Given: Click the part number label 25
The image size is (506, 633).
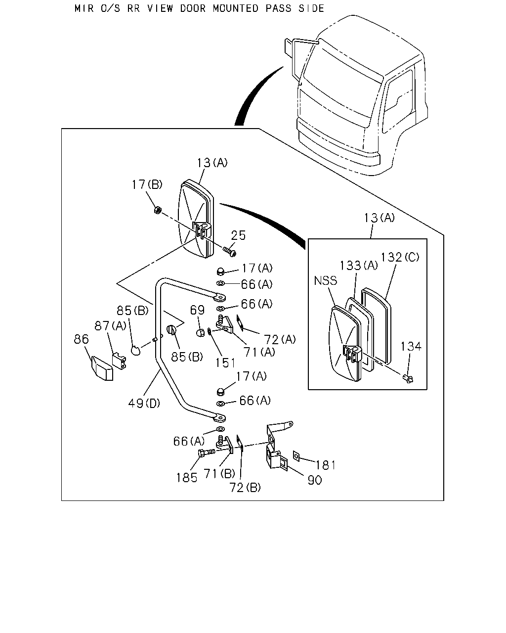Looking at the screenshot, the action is pos(238,235).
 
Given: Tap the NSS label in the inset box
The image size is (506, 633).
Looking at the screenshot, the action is pos(325,280).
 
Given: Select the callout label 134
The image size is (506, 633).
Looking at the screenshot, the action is pos(411,347).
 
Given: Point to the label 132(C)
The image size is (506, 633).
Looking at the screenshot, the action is pos(400,257).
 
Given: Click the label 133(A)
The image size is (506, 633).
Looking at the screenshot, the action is pos(359,266).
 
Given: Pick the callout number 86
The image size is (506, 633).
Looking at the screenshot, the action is pos(81,339).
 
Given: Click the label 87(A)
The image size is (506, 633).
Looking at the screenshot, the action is pos(110,325).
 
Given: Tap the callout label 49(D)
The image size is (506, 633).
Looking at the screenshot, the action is pos(144,403).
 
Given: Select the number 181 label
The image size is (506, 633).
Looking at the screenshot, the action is pos(326,465).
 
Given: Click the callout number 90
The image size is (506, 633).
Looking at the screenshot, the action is pos(315,480).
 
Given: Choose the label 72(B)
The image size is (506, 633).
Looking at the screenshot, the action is pos(245,488).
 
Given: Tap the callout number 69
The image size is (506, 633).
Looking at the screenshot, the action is pos(197,310).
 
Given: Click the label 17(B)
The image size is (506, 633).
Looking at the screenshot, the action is pos(147,185).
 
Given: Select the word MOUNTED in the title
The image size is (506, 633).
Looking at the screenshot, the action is pos(236,8).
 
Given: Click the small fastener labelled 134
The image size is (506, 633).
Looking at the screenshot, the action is pos(409,379).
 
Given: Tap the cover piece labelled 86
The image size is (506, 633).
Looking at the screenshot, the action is pos(102,368).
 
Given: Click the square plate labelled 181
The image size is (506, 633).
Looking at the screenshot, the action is pos(296,455).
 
